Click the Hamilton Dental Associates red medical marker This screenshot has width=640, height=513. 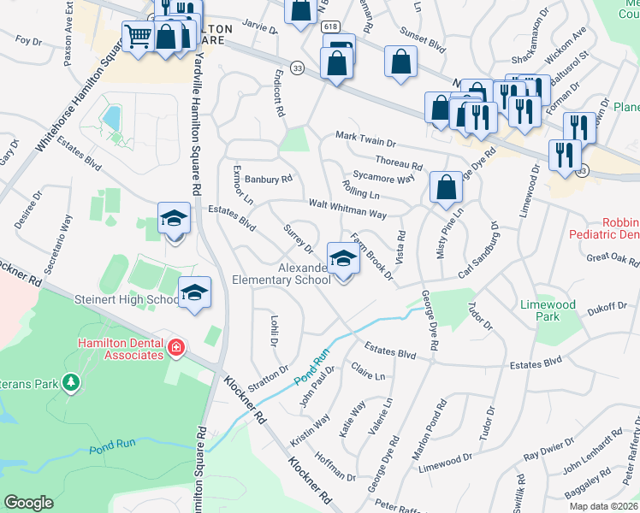[176, 347]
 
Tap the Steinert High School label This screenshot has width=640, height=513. [126, 299]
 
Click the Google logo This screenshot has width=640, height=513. [28, 503]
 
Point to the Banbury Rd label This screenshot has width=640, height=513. [269, 180]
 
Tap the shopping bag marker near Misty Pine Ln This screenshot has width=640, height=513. [446, 188]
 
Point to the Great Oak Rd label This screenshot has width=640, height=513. [612, 257]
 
